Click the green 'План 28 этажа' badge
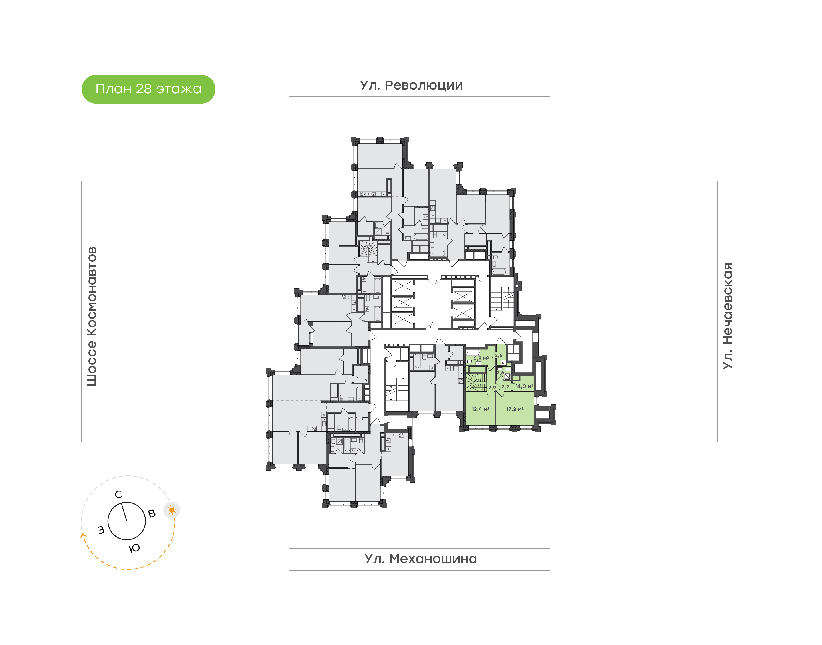click(x=148, y=89)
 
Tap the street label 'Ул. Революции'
click(x=411, y=86)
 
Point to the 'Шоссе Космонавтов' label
click(x=92, y=316)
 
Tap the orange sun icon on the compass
click(x=172, y=510)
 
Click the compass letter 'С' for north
click(x=118, y=494)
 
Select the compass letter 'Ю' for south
click(x=134, y=548)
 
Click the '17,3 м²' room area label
click(x=515, y=409)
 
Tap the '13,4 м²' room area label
click(x=480, y=409)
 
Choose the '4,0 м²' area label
click(x=525, y=386)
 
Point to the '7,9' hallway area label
click(x=492, y=388)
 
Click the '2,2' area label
click(x=505, y=387)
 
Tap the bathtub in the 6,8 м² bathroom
click(x=473, y=352)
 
